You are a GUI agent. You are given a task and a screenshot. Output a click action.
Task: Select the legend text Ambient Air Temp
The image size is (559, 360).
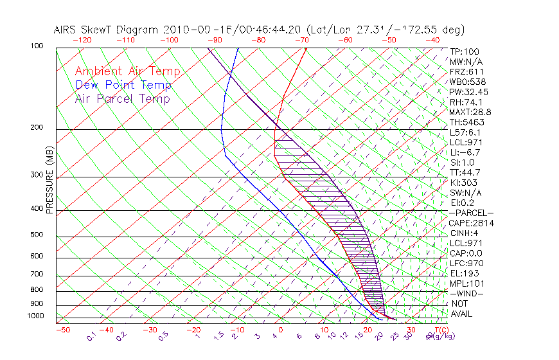(127, 72)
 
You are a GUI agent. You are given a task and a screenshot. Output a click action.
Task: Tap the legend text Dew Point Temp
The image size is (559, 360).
(123, 85)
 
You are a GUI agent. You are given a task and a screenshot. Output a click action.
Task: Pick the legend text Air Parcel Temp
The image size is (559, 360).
(122, 99)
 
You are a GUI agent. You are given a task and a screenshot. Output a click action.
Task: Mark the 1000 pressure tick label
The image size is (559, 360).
(37, 316)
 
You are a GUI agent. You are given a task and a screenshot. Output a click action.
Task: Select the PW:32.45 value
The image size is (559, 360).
(468, 92)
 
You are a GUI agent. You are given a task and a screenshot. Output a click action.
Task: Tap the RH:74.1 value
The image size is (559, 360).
(465, 102)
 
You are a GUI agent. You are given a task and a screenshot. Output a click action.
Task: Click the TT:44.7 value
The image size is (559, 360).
(465, 172)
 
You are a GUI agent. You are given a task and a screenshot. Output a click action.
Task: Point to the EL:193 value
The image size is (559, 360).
(463, 273)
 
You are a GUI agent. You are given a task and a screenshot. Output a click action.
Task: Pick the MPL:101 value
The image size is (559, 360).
(466, 283)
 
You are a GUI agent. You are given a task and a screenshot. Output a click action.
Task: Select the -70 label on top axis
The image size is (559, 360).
(301, 40)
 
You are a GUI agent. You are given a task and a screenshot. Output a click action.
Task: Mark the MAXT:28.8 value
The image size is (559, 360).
(471, 113)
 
